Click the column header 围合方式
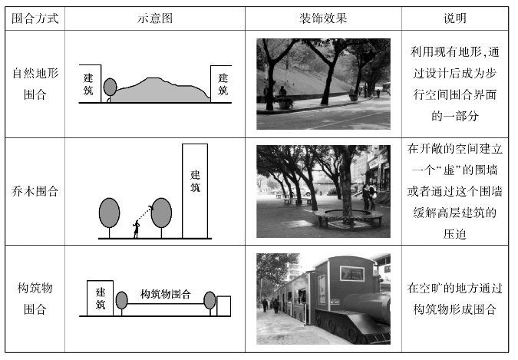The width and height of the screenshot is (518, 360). [35, 18]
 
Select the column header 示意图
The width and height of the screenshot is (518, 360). [155, 18]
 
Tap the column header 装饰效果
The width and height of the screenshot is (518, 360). [323, 18]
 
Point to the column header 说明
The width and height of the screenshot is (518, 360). [455, 18]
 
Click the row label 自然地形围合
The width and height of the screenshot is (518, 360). [35, 84]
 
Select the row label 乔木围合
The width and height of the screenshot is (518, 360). [35, 191]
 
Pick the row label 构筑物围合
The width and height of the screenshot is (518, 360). [35, 299]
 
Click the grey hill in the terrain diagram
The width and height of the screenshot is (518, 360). [160, 91]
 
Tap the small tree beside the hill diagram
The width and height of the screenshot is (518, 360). [110, 88]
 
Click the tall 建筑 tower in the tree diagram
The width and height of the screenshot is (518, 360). [195, 190]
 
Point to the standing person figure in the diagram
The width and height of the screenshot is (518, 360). [136, 229]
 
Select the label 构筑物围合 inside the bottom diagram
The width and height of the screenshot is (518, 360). [166, 294]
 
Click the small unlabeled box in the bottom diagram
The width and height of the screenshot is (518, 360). [223, 306]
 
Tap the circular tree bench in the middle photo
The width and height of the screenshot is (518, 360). [348, 218]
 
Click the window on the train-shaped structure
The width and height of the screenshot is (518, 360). [352, 274]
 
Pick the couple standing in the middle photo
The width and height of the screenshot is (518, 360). [369, 197]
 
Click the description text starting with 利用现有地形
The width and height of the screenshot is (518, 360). [455, 84]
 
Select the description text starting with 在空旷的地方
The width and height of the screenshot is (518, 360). [455, 299]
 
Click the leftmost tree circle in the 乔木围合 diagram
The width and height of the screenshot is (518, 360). [109, 213]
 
